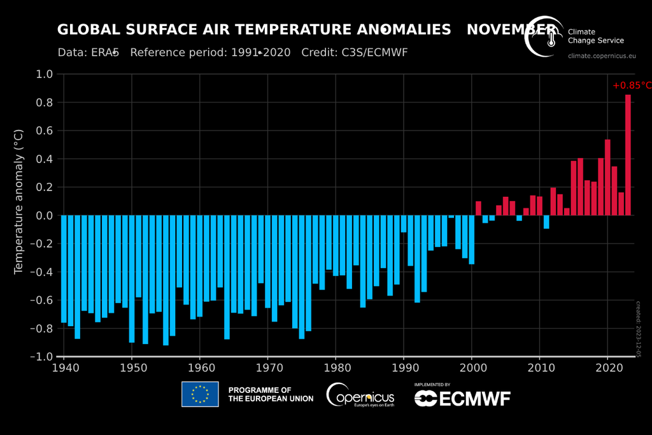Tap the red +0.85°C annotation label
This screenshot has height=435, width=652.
coord(632,85)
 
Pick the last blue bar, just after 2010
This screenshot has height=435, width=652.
coord(546,222)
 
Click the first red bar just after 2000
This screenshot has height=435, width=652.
coord(478,208)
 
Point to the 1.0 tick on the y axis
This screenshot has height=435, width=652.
coord(44,75)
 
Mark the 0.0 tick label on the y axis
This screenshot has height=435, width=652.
coord(44,216)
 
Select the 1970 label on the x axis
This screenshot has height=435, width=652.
coord(267,369)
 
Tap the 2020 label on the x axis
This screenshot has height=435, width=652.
coord(607,369)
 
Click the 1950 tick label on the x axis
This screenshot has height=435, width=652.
coord(132,369)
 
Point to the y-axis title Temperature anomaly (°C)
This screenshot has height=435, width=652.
coord(18,201)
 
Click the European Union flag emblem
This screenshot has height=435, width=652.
coord(200,394)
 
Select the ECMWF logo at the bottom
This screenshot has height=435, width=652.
coord(462,398)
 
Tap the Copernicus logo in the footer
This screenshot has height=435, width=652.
coord(360,395)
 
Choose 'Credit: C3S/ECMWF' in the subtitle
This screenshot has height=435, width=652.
coord(354,52)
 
